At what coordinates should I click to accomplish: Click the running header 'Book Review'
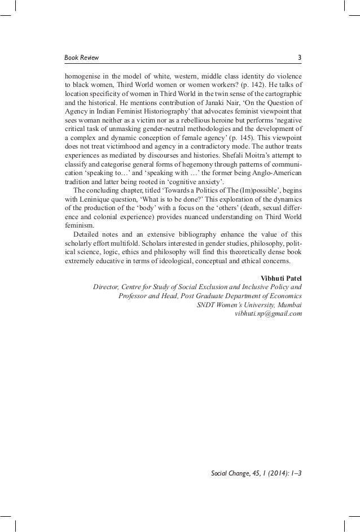[x=81, y=57]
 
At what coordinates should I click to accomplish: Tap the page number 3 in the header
[x=300, y=57]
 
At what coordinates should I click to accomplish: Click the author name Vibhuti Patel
[x=282, y=277]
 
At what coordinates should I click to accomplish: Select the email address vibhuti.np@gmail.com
[x=272, y=313]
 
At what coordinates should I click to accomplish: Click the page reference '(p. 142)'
[x=233, y=84]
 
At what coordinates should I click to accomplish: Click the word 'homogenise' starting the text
[x=82, y=75]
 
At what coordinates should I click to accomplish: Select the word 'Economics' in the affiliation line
[x=283, y=295]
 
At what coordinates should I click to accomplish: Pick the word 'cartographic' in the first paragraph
[x=282, y=93]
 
